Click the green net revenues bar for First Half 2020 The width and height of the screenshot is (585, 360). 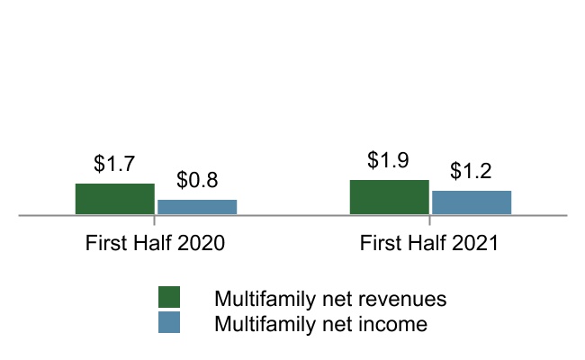pyautogui.click(x=115, y=199)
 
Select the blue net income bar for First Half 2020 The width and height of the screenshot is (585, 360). pyautogui.click(x=197, y=207)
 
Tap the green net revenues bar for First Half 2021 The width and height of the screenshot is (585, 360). pyautogui.click(x=390, y=197)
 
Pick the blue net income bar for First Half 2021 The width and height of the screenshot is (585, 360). pyautogui.click(x=472, y=202)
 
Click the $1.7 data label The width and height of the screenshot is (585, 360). pyautogui.click(x=114, y=164)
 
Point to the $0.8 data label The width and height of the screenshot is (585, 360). pyautogui.click(x=197, y=180)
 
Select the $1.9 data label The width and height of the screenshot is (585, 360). pyautogui.click(x=388, y=160)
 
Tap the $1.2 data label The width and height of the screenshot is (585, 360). pyautogui.click(x=471, y=171)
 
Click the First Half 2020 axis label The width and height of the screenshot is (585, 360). pyautogui.click(x=155, y=243)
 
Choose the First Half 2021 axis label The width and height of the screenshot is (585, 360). pyautogui.click(x=429, y=243)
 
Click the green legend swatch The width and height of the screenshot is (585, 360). pyautogui.click(x=169, y=297)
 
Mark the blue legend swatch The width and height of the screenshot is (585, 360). pyautogui.click(x=169, y=322)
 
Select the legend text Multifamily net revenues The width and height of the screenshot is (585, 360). pyautogui.click(x=330, y=299)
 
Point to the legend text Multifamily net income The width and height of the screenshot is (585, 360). pyautogui.click(x=321, y=324)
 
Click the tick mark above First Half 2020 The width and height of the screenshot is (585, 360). pyautogui.click(x=154, y=220)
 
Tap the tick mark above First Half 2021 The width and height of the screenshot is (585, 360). pyautogui.click(x=429, y=220)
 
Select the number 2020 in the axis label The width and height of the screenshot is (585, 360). pyautogui.click(x=201, y=243)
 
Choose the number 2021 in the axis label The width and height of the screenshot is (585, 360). pyautogui.click(x=475, y=243)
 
